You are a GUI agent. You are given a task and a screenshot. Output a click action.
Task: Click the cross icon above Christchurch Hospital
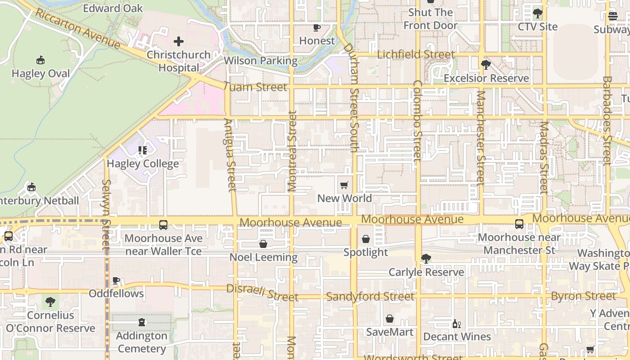[x=179, y=42]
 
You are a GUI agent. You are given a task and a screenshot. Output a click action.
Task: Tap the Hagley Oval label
[x=40, y=74]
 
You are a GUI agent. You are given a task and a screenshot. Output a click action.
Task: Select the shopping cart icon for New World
[x=344, y=185]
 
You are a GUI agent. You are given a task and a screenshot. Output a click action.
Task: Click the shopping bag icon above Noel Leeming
[x=263, y=244]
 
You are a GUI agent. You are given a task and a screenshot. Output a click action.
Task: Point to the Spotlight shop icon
[x=366, y=239]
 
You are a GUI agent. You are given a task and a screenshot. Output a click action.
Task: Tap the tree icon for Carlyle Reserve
[x=426, y=259]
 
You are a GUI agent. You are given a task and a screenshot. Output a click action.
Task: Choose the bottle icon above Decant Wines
[x=456, y=324]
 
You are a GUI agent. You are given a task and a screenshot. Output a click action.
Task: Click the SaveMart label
[x=390, y=332]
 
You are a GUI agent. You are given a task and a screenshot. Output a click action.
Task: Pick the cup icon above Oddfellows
[x=116, y=281]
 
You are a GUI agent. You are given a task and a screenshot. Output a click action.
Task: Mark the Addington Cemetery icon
[x=142, y=322]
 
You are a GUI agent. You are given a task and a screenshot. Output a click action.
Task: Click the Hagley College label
[x=143, y=164]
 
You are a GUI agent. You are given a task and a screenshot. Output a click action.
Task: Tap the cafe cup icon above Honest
[x=317, y=27]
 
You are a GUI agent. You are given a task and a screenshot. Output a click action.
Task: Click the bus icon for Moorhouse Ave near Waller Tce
[x=163, y=225]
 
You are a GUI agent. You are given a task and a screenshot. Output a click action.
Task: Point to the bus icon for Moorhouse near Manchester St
[x=519, y=224]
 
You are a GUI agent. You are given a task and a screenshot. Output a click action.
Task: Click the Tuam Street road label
[x=255, y=87]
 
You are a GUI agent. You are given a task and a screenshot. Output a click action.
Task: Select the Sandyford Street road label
[x=370, y=297]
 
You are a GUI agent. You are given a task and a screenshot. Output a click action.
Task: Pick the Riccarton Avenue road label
[x=77, y=29]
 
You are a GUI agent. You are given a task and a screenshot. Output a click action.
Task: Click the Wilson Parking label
[x=261, y=61]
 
